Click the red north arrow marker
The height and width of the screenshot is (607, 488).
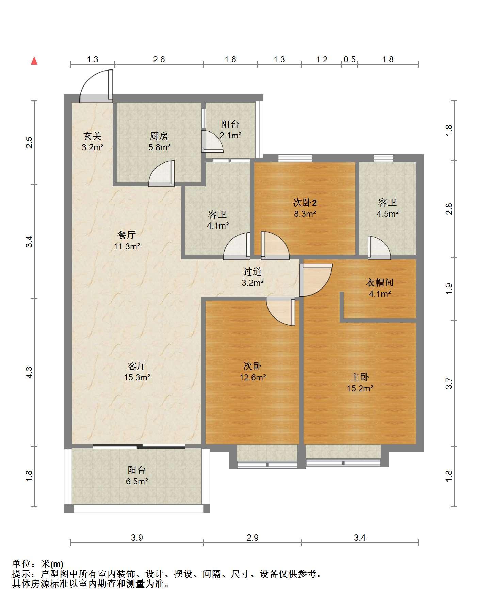[x=34, y=61]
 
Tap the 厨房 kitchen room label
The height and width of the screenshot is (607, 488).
[x=159, y=136]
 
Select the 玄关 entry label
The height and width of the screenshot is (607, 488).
[x=93, y=136]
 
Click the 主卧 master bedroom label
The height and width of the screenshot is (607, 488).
[x=360, y=377]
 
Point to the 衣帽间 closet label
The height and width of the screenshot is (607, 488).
[x=379, y=282]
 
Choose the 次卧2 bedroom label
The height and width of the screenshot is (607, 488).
[x=305, y=203]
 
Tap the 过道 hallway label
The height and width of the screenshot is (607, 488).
[x=253, y=271]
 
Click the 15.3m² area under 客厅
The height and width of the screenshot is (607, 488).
[x=137, y=377]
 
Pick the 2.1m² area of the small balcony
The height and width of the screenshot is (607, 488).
[x=230, y=135]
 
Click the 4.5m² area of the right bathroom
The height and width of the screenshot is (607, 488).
[x=388, y=214]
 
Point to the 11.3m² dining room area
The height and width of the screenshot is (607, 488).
[x=127, y=246]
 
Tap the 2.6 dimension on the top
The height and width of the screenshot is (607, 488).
[x=159, y=60]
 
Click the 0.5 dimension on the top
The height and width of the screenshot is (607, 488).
[x=349, y=60]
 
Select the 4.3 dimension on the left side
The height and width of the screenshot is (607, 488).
[x=29, y=372]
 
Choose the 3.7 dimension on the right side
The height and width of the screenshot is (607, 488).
[x=449, y=384]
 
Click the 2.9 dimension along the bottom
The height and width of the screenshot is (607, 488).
[x=253, y=538]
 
